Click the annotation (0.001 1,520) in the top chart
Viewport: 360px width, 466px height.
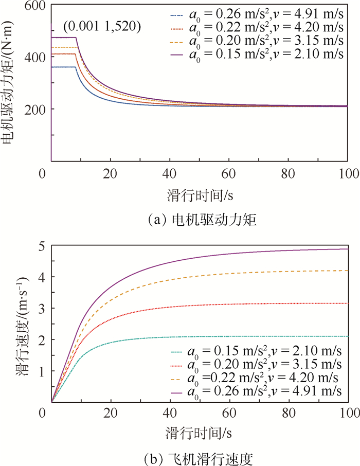102,25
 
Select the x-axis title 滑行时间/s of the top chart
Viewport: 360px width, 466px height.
197,195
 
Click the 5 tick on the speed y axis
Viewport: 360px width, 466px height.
41,246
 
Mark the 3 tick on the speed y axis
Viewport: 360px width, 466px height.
41,308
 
